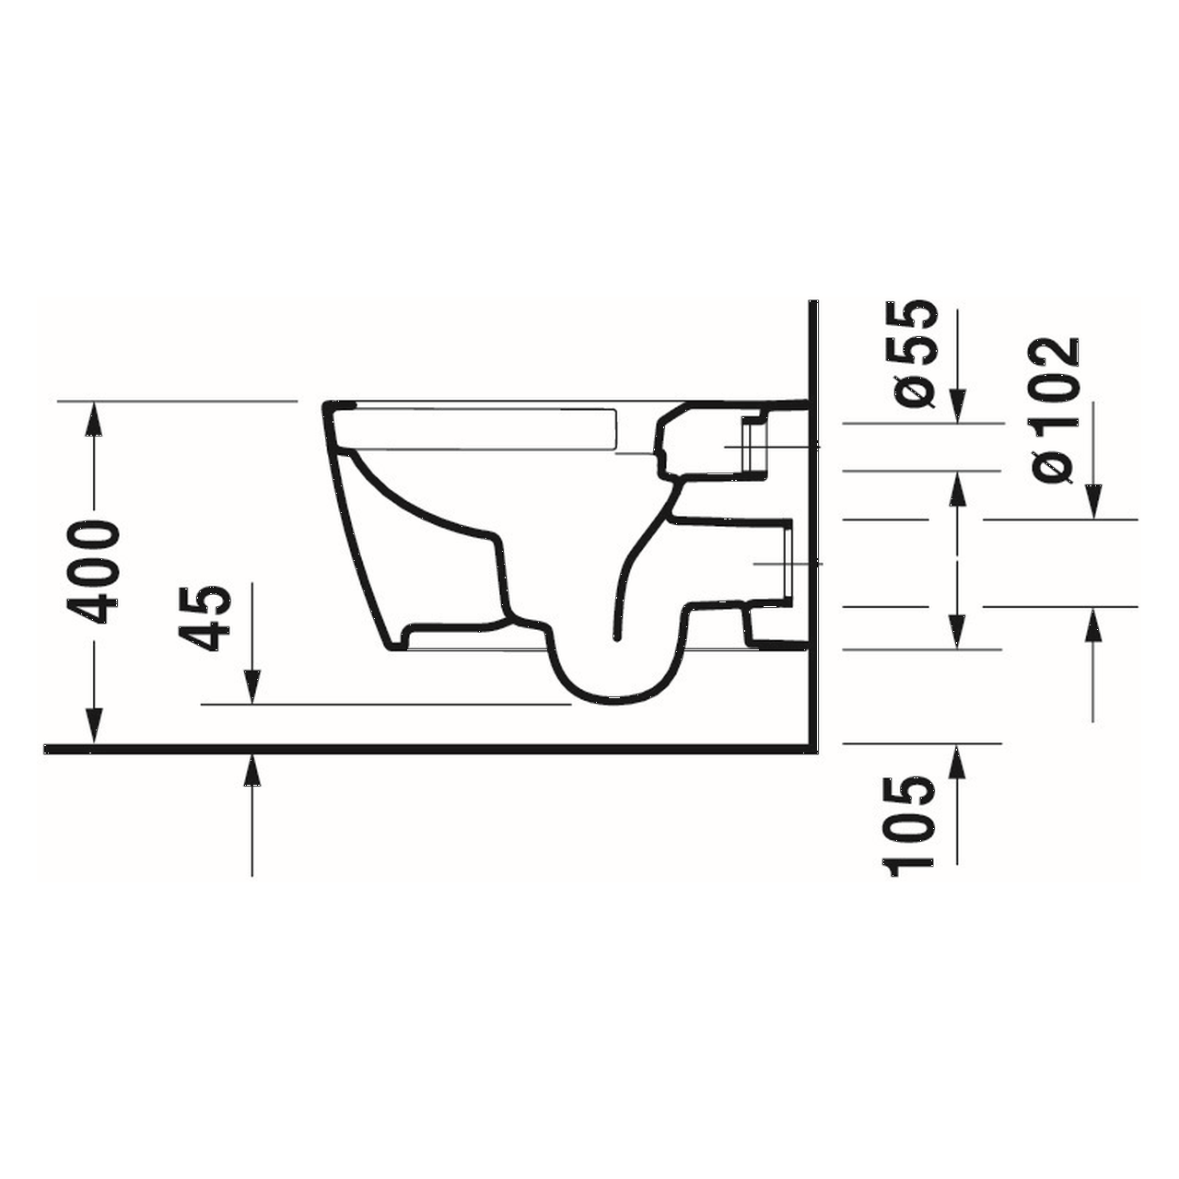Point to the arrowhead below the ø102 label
[x=1093, y=504]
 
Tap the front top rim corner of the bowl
[x=330, y=405]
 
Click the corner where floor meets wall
[x=812, y=748]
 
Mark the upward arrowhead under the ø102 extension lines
[x=1093, y=625]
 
